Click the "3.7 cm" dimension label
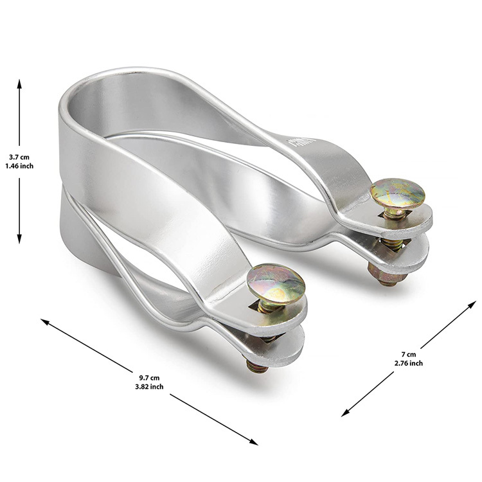point(19,157)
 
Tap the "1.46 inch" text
point(19,166)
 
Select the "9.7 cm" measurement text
point(149,378)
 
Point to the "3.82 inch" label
point(149,386)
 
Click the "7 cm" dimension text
point(409,354)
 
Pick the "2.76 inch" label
point(409,363)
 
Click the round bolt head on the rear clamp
point(397,193)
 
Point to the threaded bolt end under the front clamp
point(257,366)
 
